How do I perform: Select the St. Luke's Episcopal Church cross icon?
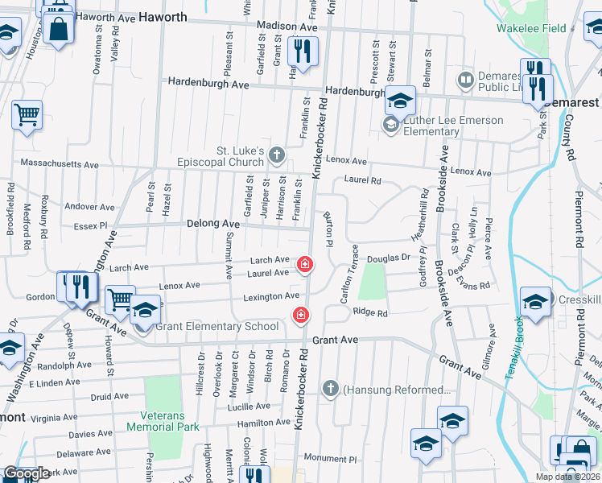(277, 154)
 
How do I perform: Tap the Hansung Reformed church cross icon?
(330, 390)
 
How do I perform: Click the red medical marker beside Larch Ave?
(305, 263)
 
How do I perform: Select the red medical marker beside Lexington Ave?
(301, 315)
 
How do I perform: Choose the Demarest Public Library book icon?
(465, 80)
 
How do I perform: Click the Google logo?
(26, 473)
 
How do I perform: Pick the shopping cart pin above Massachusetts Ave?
(27, 114)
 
